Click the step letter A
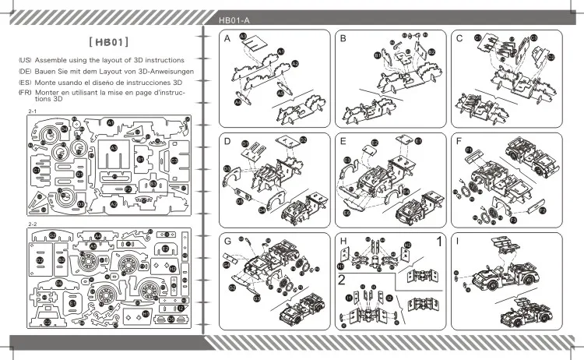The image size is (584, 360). coord(226,38)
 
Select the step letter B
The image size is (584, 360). coord(343,38)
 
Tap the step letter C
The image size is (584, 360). coord(460,38)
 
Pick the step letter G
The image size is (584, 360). coord(227,242)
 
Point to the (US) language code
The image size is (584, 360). coord(24,60)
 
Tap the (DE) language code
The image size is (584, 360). coord(24,71)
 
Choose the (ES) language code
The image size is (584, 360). coord(24,82)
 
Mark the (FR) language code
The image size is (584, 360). coord(24,92)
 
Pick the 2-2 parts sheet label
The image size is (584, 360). coord(32,224)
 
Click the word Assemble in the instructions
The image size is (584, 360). coord(53,60)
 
